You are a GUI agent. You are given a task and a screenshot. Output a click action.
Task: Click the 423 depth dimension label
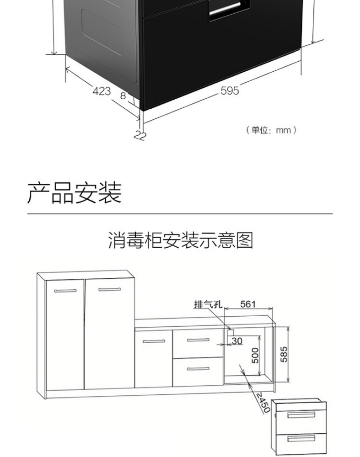click(102, 91)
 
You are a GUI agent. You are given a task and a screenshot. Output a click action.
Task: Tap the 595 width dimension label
click(230, 91)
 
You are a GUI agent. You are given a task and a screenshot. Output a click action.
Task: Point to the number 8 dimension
click(123, 96)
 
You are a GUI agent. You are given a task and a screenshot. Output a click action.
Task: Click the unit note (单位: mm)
click(271, 130)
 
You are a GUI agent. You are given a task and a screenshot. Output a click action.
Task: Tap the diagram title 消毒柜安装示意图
click(180, 240)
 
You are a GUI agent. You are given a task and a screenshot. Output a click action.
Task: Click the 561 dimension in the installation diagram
click(248, 304)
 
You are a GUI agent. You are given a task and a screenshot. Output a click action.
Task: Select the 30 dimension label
click(237, 340)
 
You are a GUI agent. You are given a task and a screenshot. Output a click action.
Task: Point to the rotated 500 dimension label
click(255, 356)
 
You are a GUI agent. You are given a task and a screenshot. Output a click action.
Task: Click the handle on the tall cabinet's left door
click(65, 290)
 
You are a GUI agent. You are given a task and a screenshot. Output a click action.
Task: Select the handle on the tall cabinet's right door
click(110, 289)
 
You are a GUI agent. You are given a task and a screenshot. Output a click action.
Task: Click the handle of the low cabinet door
click(153, 341)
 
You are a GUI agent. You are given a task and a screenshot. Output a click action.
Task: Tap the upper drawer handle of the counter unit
click(198, 340)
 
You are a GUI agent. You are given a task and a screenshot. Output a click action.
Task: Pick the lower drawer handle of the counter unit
click(198, 368)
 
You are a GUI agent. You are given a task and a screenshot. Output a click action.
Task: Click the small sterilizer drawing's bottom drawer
click(301, 439)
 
